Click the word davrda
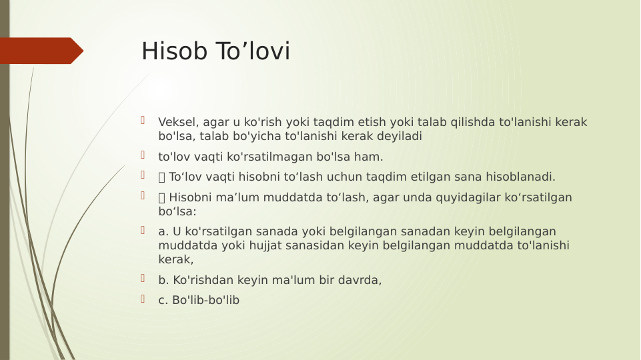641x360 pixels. point(363,280)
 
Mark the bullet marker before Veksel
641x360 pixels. point(143,121)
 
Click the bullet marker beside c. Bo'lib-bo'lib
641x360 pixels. point(143,299)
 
